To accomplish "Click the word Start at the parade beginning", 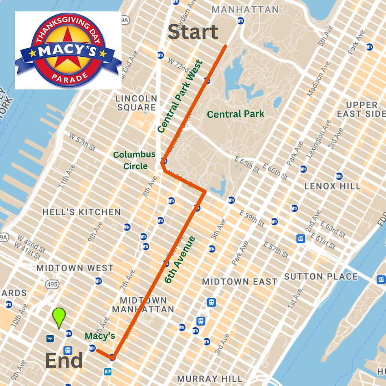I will pyautogui.click(x=193, y=32).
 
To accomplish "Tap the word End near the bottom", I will pyautogui.click(x=64, y=360).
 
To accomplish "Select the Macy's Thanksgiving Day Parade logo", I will pyautogui.click(x=68, y=50).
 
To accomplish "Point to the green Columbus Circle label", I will pyautogui.click(x=135, y=160).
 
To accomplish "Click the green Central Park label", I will pyautogui.click(x=236, y=114).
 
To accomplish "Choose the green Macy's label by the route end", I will pyautogui.click(x=100, y=336).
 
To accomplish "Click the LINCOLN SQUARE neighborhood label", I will pyautogui.click(x=136, y=103).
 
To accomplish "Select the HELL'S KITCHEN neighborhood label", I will pyautogui.click(x=82, y=212).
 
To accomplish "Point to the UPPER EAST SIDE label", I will pyautogui.click(x=362, y=109).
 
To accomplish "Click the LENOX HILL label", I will pyautogui.click(x=332, y=186).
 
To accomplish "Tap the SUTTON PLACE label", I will pyautogui.click(x=321, y=277).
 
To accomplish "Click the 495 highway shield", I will pyautogui.click(x=52, y=284).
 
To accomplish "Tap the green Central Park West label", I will pyautogui.click(x=180, y=96).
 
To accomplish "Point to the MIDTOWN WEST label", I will pyautogui.click(x=75, y=268).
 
